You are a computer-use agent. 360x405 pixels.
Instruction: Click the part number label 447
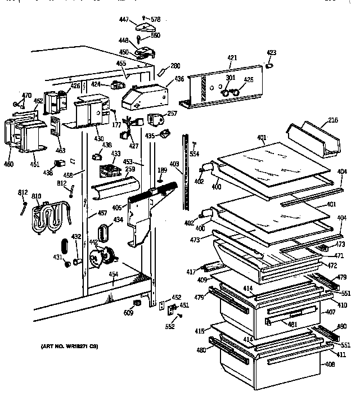click(125, 20)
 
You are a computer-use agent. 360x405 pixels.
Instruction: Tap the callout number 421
click(232, 58)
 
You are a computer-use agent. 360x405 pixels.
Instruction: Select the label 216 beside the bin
click(334, 120)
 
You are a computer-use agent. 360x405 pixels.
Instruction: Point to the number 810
click(36, 196)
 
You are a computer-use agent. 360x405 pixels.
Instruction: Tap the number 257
click(172, 114)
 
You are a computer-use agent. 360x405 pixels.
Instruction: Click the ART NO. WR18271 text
click(69, 347)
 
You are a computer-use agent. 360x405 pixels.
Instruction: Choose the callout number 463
click(60, 150)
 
